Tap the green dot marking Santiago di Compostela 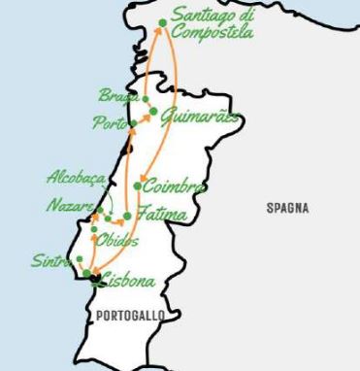(x=161, y=21)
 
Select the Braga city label (x=118, y=95)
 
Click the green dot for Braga (x=146, y=99)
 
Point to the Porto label (x=107, y=122)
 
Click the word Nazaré (x=71, y=205)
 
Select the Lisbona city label (x=126, y=283)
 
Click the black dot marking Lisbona (x=90, y=279)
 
